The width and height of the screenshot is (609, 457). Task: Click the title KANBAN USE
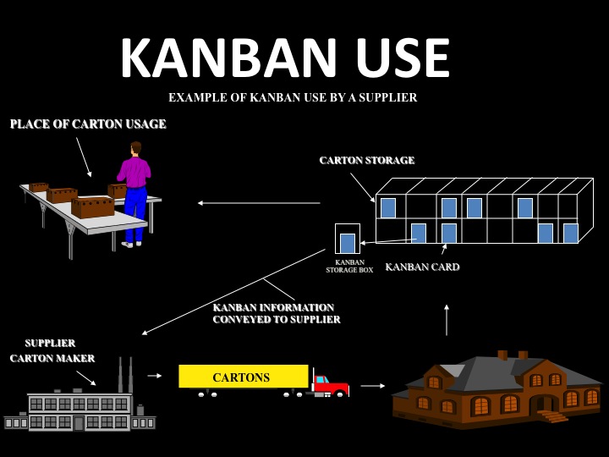pyautogui.click(x=284, y=59)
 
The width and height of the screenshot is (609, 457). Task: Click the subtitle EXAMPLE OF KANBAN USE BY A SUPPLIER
pyautogui.click(x=293, y=97)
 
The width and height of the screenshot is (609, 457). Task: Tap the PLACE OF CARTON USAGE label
pyautogui.click(x=88, y=124)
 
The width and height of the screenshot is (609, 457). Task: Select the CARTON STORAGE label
pyautogui.click(x=366, y=160)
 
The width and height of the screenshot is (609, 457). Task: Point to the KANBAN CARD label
pyautogui.click(x=422, y=267)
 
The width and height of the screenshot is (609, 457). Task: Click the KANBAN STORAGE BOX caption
pyautogui.click(x=348, y=267)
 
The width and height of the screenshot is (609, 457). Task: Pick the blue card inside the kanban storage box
pyautogui.click(x=347, y=243)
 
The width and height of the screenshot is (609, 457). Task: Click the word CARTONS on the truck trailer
pyautogui.click(x=241, y=377)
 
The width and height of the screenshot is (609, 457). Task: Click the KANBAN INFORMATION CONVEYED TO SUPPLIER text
pyautogui.click(x=277, y=313)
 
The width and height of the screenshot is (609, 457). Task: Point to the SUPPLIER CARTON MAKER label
pyautogui.click(x=52, y=350)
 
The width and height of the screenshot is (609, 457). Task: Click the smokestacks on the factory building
pyautogui.click(x=125, y=375)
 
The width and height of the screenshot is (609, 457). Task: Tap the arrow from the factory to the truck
pyautogui.click(x=154, y=375)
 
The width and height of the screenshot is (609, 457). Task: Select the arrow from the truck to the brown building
pyautogui.click(x=372, y=386)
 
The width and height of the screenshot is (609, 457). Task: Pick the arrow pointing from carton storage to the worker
pyautogui.click(x=258, y=203)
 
